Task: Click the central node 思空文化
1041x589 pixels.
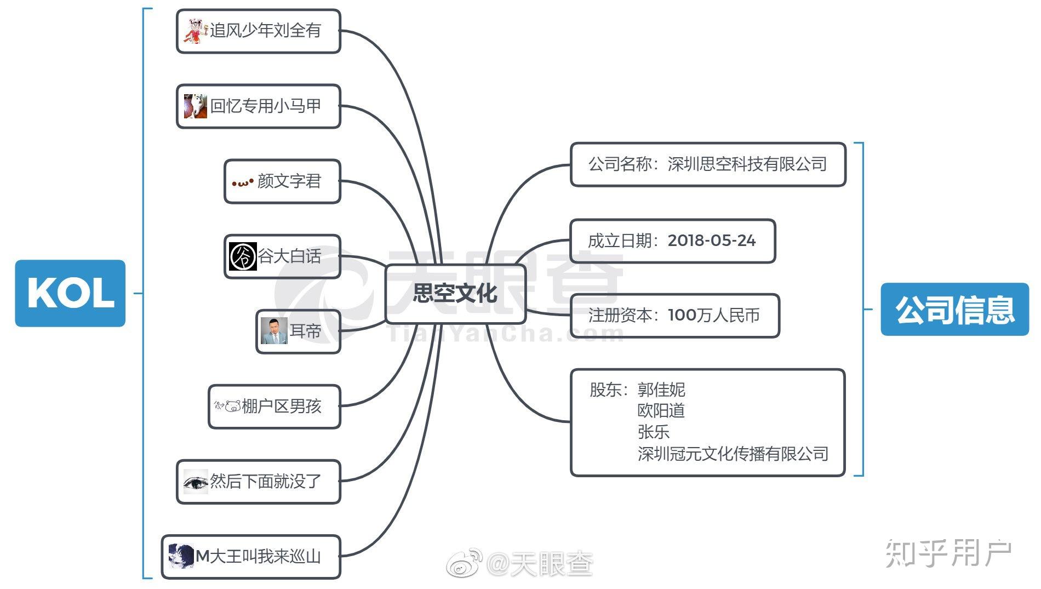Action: click(x=455, y=294)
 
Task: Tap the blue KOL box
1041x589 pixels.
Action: click(x=70, y=293)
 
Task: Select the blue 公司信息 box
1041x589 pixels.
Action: click(x=954, y=309)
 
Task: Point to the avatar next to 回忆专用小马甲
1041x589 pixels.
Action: click(x=196, y=106)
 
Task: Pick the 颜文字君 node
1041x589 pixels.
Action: click(x=282, y=181)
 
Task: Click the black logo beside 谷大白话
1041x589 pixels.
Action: click(x=243, y=256)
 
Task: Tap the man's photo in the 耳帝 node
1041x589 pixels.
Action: click(x=274, y=331)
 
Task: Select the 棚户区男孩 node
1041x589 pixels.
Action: click(x=274, y=407)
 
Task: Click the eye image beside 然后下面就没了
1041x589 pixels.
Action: click(x=196, y=482)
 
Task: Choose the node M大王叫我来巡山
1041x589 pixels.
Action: click(x=251, y=557)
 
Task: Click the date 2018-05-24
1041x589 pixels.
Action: click(x=712, y=241)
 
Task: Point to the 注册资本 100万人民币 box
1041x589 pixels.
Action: click(x=674, y=316)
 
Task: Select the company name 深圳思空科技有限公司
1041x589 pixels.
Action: click(x=747, y=164)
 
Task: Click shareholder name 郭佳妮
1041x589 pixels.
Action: click(x=661, y=390)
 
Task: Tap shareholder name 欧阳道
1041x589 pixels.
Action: click(x=661, y=410)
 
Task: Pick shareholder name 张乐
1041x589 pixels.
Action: click(x=654, y=432)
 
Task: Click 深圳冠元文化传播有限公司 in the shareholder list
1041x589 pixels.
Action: click(x=733, y=454)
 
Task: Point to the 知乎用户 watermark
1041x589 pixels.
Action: click(x=948, y=553)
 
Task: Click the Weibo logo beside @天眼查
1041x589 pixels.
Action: click(x=465, y=563)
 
